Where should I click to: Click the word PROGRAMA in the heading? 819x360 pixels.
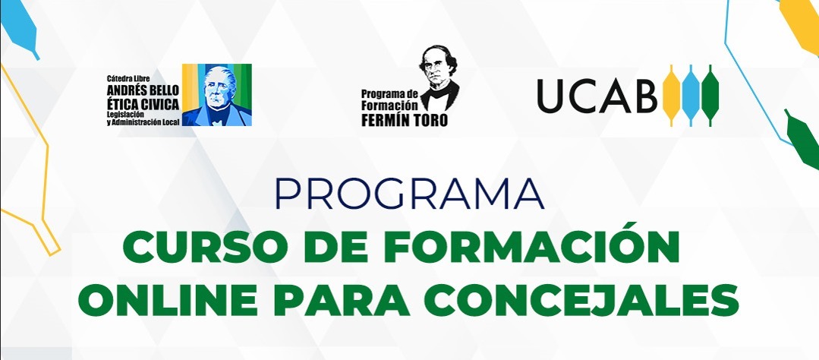click(x=410, y=194)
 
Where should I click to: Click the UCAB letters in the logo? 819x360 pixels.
click(x=597, y=96)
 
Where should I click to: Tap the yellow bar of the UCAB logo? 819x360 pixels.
click(x=671, y=96)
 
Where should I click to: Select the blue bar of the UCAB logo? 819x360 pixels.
click(x=691, y=96)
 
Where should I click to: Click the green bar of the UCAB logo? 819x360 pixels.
click(x=710, y=96)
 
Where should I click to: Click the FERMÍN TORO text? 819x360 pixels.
click(x=405, y=120)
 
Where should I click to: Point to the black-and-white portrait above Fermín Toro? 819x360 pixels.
click(x=439, y=77)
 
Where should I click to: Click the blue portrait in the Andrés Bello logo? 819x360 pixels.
click(x=217, y=95)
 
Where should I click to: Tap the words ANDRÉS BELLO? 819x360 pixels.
click(x=143, y=90)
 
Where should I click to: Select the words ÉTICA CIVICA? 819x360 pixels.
click(x=143, y=103)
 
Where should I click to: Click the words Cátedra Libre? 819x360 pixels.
click(x=128, y=79)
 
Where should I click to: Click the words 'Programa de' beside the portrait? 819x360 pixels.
click(x=390, y=93)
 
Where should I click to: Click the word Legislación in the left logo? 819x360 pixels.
click(x=124, y=114)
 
